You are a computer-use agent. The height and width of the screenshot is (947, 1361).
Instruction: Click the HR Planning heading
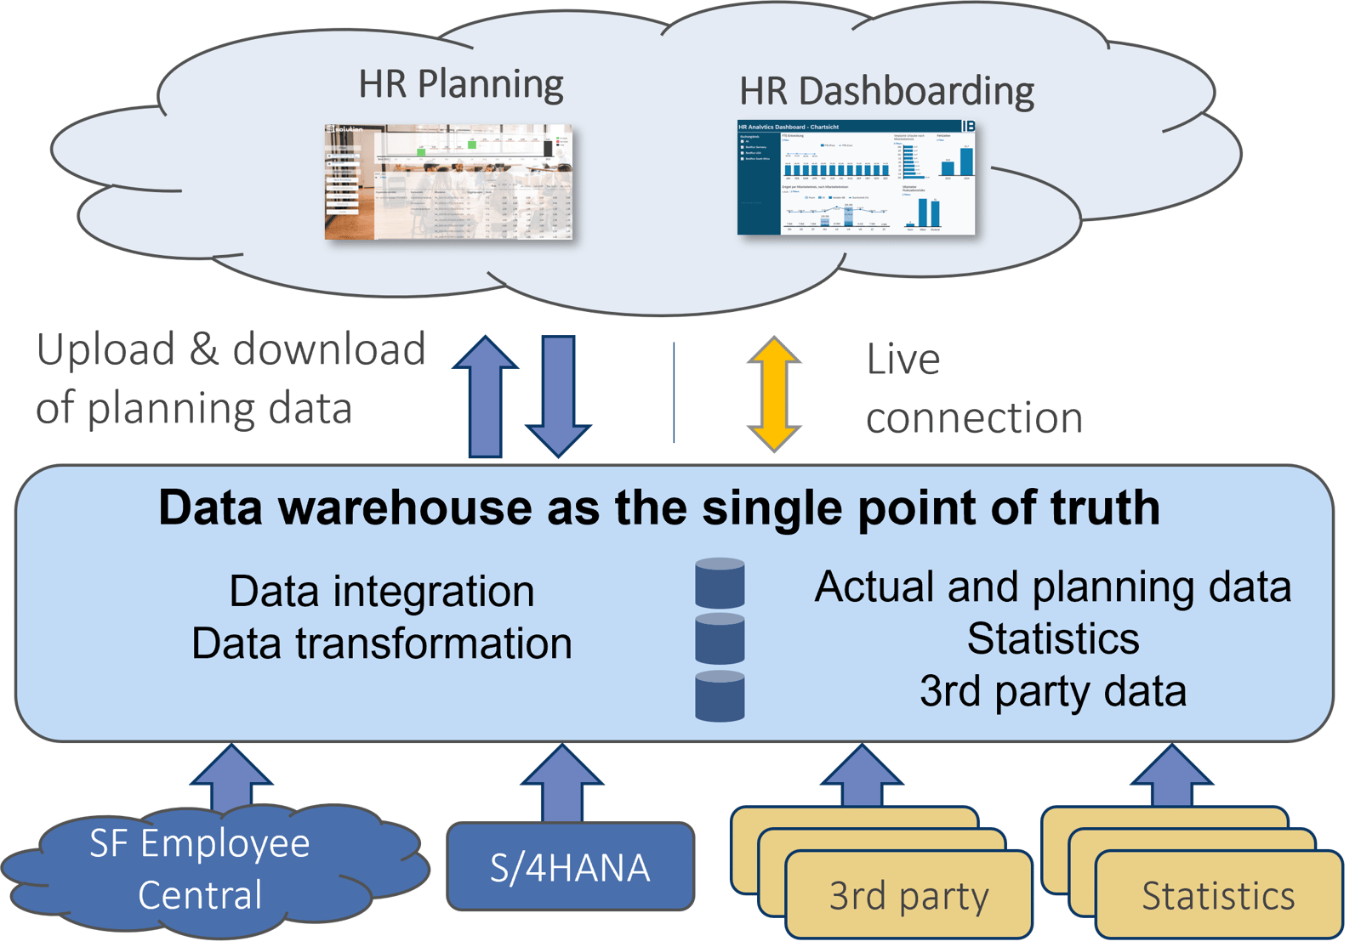pos(460,84)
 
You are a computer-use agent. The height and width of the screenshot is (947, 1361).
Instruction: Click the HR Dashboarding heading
pos(886,91)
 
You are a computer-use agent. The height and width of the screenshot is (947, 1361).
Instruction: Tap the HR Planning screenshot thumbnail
pos(448,182)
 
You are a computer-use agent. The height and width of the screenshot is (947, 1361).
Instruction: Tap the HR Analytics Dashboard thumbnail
pos(856,177)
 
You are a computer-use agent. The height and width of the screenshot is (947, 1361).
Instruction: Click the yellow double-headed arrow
pos(773,394)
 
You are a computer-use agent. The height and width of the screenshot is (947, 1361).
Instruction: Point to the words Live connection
pos(973,389)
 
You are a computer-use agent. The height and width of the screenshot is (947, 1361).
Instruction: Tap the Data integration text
pos(381,591)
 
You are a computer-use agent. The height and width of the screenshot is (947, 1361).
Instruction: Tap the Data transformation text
pos(381,643)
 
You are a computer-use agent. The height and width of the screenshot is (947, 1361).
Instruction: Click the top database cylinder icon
pos(720,583)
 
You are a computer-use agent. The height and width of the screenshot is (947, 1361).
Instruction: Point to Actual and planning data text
pos(1052,587)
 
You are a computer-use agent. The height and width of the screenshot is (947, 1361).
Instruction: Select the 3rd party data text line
pos(1052,690)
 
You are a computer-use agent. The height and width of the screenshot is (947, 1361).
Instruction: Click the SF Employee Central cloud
pos(200,869)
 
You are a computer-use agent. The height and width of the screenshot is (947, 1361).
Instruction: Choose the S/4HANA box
pos(570,868)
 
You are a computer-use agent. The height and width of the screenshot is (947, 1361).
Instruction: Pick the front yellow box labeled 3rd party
pos(908,895)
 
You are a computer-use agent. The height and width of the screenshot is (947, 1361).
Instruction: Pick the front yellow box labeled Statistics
pos(1217,895)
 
